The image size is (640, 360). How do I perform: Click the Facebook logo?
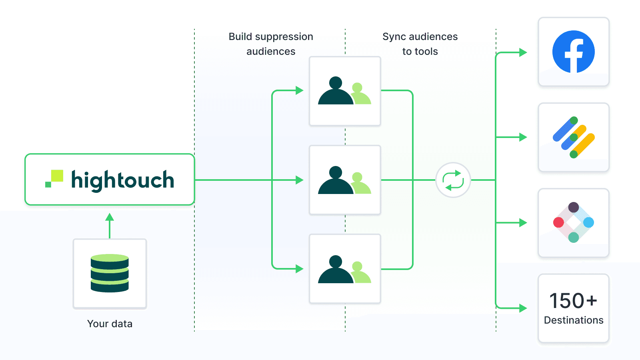[573, 52]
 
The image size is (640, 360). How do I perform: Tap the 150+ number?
[573, 301]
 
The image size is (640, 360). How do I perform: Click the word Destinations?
[573, 320]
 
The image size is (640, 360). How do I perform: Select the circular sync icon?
[453, 180]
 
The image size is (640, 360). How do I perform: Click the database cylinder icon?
[110, 273]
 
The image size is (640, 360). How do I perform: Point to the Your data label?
[110, 324]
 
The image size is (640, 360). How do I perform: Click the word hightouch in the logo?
[122, 180]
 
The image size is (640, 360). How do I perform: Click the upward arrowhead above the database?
[110, 218]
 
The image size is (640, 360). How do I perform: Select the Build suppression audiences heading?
[271, 44]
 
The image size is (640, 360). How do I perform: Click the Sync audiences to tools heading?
[420, 44]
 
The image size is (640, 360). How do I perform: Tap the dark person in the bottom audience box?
[335, 272]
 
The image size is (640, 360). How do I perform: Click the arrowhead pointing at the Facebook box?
[523, 52]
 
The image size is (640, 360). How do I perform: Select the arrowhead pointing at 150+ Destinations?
[523, 308]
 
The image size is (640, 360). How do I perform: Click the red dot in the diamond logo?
[558, 222]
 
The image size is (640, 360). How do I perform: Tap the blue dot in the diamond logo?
[588, 222]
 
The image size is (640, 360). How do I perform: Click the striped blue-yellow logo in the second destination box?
[574, 137]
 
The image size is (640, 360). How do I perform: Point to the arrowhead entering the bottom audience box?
[299, 269]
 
